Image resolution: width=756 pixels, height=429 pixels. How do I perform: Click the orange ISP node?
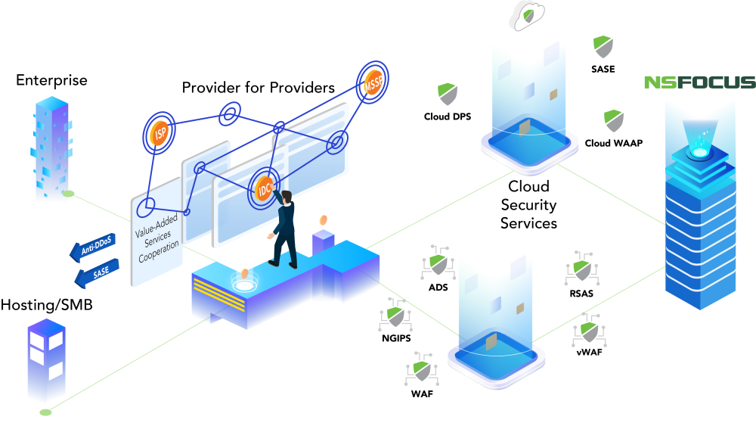pyautogui.click(x=159, y=135)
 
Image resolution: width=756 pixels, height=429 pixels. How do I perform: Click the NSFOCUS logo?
pyautogui.click(x=699, y=82)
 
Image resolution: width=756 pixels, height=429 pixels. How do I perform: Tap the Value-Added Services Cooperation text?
pyautogui.click(x=158, y=238)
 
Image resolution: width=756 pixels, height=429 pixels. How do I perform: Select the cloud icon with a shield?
pyautogui.click(x=526, y=15)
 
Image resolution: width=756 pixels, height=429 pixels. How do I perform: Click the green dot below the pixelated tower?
pyautogui.click(x=68, y=194)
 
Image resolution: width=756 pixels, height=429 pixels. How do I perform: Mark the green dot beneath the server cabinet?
pyautogui.click(x=45, y=412)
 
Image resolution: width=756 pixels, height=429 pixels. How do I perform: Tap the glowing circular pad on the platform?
pyautogui.click(x=244, y=285)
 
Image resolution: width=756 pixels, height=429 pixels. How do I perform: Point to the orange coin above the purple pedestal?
pyautogui.click(x=324, y=220)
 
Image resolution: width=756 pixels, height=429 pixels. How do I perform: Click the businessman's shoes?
pyautogui.click(x=282, y=265)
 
